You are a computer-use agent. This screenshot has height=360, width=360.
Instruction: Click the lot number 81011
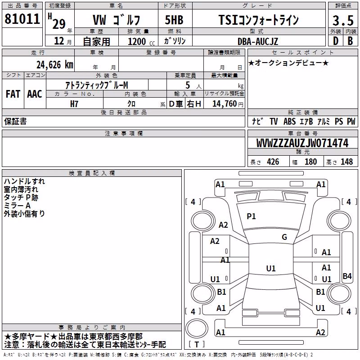(22, 18)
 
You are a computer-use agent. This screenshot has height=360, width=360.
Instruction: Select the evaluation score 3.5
(343, 20)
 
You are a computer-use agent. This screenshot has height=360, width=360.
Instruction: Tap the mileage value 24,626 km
(55, 65)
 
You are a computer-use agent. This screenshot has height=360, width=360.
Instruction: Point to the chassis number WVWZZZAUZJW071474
(302, 143)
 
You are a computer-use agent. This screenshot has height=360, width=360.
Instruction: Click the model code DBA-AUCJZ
(258, 41)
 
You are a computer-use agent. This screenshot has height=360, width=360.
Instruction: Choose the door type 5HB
(174, 20)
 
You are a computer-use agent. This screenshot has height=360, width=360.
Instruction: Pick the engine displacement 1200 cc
(141, 41)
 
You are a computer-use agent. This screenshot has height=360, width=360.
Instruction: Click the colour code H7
(74, 104)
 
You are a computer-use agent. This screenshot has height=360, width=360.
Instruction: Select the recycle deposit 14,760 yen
(228, 104)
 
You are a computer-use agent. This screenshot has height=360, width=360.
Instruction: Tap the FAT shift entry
(13, 94)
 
